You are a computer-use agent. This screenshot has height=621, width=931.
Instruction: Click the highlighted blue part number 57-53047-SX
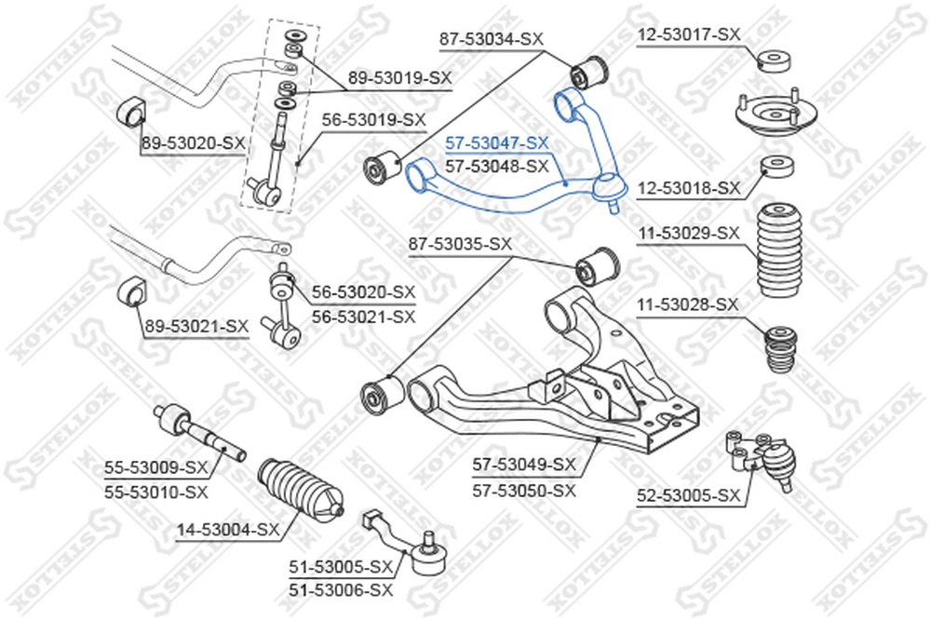[x=497, y=143]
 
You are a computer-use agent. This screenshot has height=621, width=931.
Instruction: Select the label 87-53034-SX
[x=491, y=40]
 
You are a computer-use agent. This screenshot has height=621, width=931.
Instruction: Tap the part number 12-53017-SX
[x=689, y=35]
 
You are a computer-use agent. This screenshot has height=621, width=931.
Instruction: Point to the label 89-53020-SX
[x=193, y=143]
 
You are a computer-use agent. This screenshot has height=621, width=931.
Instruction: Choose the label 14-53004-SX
[x=228, y=530]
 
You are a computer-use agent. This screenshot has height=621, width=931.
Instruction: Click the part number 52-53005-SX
[x=689, y=495]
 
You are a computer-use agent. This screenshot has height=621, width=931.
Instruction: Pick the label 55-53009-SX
[x=156, y=467]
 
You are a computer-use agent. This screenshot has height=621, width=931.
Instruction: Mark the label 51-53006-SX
[x=341, y=590]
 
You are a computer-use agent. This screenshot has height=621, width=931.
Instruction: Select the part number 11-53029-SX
[x=689, y=234]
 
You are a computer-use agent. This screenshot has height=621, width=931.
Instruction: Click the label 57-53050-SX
[x=524, y=491]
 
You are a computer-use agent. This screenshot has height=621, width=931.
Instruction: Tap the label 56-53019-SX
[x=374, y=120]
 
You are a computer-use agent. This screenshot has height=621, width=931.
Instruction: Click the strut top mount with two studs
[x=776, y=114]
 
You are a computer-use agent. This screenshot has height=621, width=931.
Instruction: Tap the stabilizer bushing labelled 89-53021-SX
[x=132, y=290]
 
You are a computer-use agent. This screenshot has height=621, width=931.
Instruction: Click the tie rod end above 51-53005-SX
[x=406, y=542]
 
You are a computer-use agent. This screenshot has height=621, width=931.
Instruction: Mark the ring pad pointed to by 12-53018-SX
[x=777, y=167]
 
